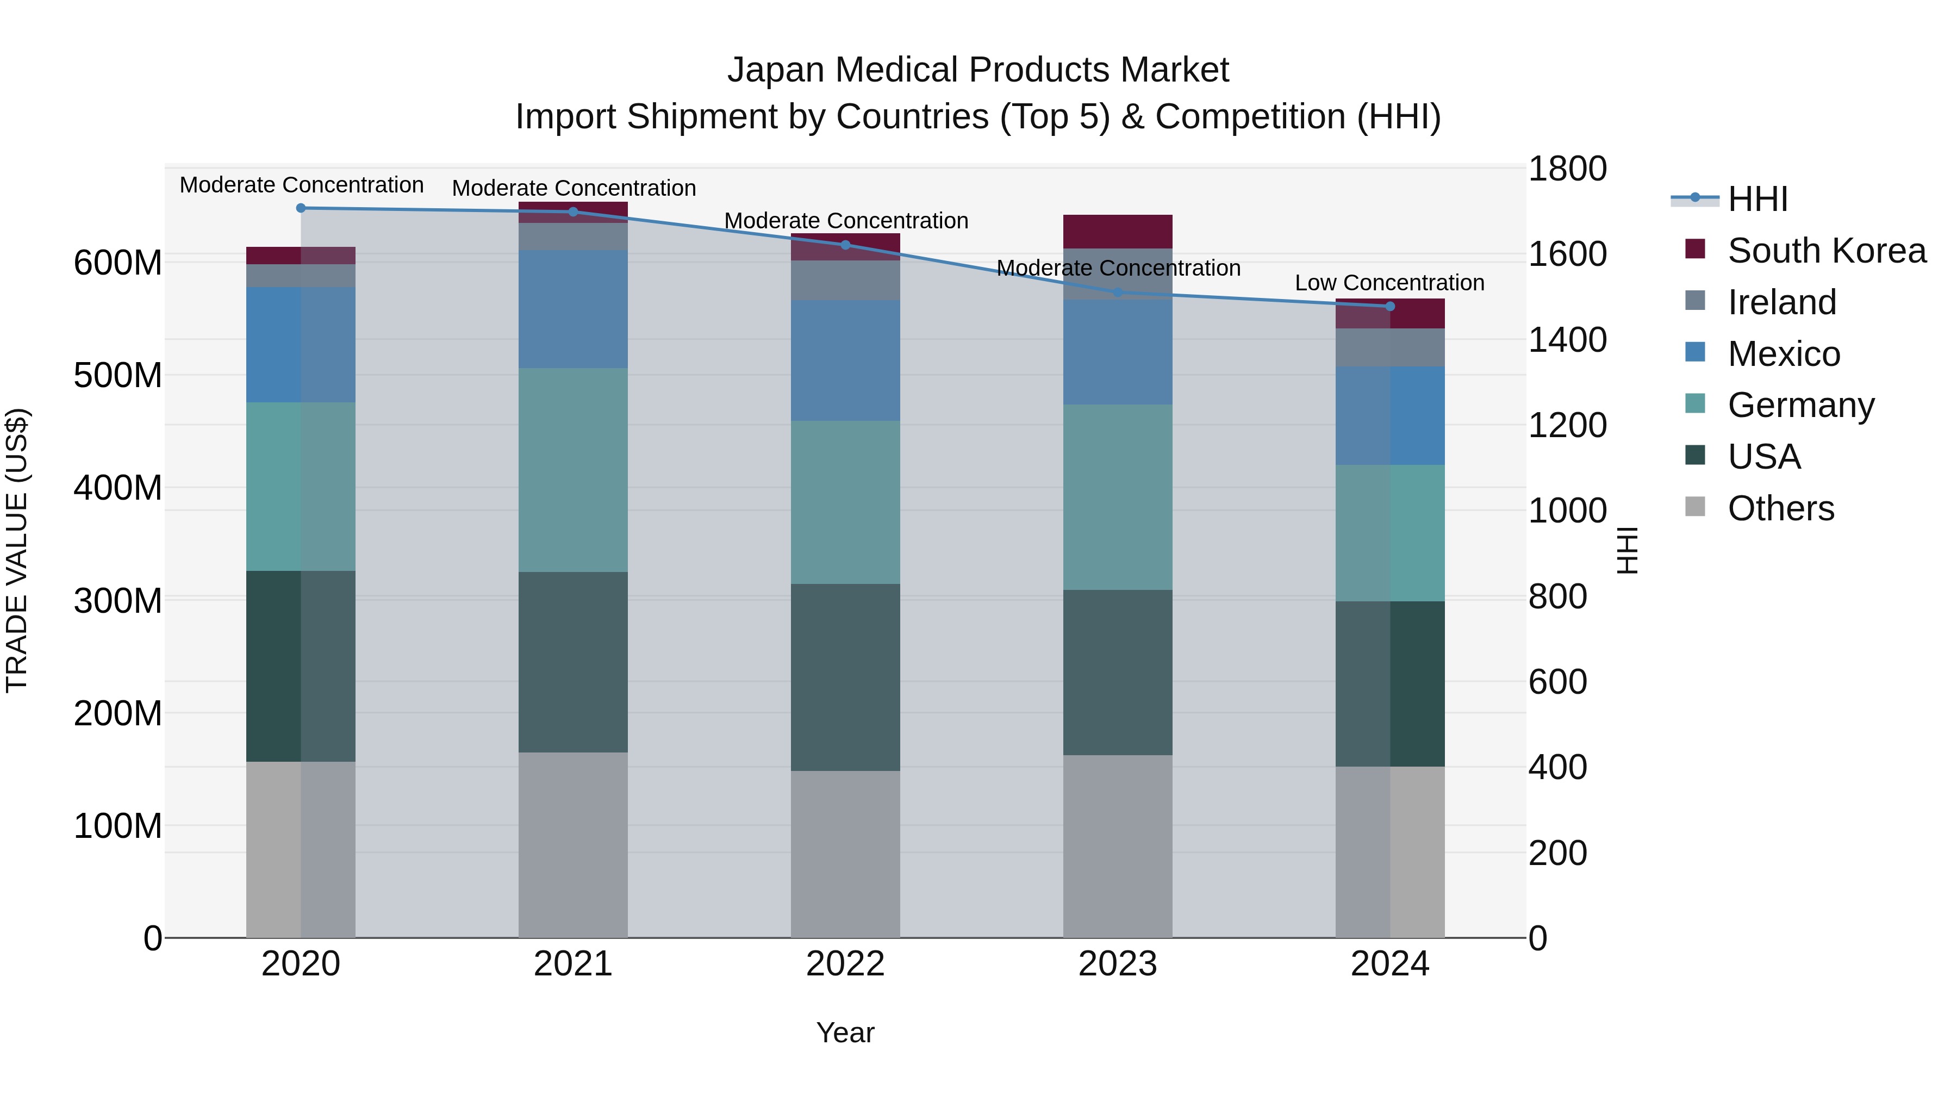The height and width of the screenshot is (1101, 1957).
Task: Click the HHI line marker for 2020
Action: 301,208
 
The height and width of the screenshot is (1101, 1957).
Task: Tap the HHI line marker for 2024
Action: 1389,306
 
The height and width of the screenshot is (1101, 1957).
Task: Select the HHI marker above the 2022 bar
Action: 845,245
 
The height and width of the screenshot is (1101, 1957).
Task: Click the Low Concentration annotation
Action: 1389,283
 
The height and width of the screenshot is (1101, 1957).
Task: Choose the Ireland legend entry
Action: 1781,302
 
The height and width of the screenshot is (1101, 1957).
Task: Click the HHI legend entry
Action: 1757,199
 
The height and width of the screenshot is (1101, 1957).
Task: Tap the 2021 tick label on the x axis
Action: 573,964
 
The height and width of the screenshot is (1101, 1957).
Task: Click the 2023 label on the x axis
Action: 1118,964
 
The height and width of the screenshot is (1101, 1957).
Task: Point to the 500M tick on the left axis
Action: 118,375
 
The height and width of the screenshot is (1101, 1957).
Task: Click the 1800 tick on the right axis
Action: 1567,169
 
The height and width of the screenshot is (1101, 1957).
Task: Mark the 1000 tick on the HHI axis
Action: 1567,511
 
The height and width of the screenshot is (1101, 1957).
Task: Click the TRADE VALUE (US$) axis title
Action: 17,550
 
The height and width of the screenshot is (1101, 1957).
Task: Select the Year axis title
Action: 845,1032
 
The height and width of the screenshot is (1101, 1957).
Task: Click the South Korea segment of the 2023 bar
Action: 1118,232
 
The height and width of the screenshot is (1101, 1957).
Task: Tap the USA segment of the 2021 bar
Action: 573,662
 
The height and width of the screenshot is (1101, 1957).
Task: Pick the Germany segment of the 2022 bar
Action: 845,502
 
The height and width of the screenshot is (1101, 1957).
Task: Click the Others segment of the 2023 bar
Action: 1118,845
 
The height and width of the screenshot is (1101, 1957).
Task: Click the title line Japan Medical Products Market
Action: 978,70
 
